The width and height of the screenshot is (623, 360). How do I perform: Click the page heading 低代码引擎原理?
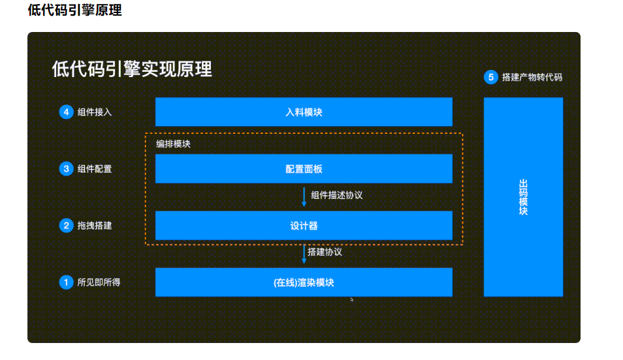[74, 11]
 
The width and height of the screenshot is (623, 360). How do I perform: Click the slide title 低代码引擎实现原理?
[132, 69]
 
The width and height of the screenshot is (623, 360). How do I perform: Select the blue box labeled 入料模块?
[304, 112]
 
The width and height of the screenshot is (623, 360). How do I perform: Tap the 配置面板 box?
[304, 169]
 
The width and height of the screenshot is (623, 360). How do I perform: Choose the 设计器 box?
[304, 225]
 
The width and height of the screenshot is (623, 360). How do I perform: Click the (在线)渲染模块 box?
[304, 282]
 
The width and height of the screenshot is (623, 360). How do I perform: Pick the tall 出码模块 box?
[523, 197]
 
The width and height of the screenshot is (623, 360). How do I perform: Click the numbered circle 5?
[490, 77]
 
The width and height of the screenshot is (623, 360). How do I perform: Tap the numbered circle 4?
[66, 112]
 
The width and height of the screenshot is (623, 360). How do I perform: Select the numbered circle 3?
[66, 169]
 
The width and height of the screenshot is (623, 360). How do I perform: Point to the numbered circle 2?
[66, 225]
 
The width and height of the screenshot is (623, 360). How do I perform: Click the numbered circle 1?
[66, 282]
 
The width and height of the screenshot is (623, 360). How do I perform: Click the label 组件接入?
[95, 112]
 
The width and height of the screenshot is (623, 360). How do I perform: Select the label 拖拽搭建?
[95, 226]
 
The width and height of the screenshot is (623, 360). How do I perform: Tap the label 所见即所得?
[99, 283]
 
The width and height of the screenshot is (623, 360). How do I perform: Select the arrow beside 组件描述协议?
[304, 196]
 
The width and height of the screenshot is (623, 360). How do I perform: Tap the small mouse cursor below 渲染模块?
[352, 299]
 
